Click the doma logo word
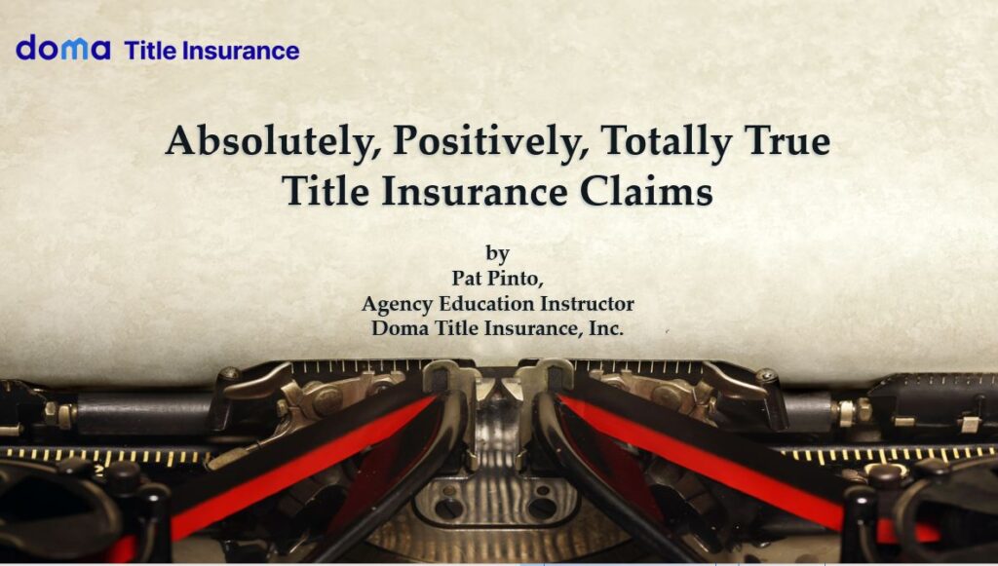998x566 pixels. pyautogui.click(x=63, y=48)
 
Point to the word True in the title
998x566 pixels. pyautogui.click(x=787, y=140)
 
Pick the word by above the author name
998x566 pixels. pyautogui.click(x=498, y=253)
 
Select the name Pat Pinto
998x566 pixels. pyautogui.click(x=497, y=278)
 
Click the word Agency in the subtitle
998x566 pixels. pyautogui.click(x=398, y=304)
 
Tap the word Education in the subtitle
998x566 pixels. pyautogui.click(x=487, y=303)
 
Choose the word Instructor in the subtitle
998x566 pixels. pyautogui.click(x=587, y=303)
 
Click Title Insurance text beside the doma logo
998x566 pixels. pyautogui.click(x=211, y=51)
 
